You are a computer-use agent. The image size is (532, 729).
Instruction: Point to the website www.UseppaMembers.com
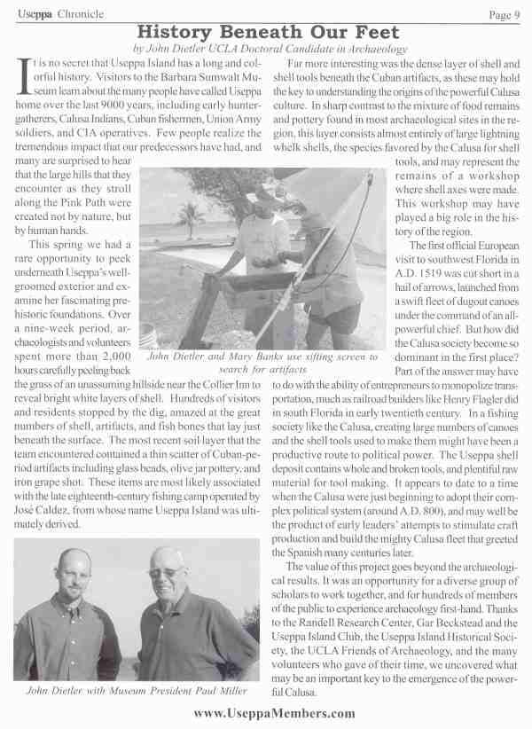[x=267, y=713]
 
